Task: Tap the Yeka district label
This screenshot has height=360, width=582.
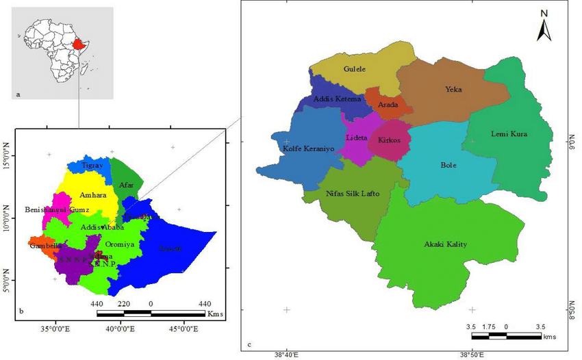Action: [453, 89]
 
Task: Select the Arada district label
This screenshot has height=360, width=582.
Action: [388, 105]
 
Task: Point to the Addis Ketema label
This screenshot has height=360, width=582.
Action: [337, 99]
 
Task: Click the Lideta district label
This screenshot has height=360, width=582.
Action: [357, 138]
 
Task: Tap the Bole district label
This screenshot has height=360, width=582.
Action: [448, 165]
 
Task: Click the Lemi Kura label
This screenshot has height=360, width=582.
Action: [509, 133]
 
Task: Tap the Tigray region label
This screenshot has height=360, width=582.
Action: [92, 166]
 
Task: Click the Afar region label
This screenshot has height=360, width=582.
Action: [127, 184]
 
